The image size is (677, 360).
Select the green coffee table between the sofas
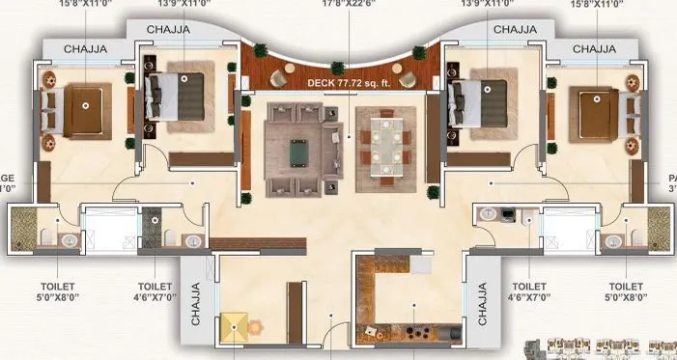(300, 149)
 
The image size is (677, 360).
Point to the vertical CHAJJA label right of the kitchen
(480, 301)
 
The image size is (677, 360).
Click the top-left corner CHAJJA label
(87, 48)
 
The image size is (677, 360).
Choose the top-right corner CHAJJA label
(594, 48)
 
